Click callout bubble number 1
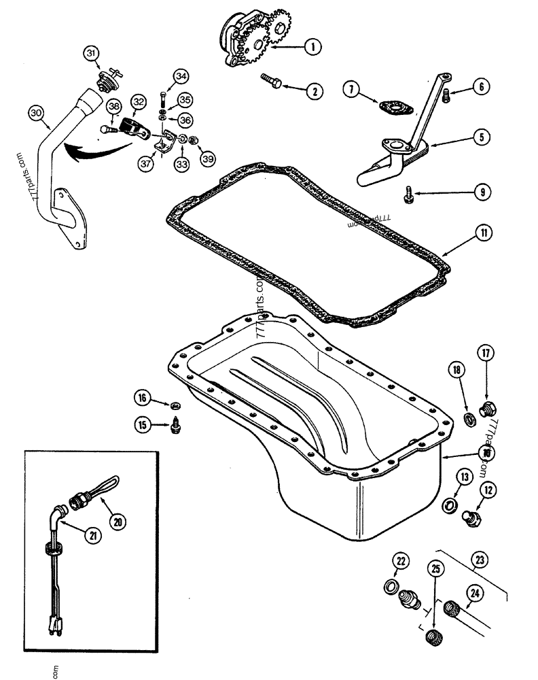pyautogui.click(x=312, y=46)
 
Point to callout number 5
pyautogui.click(x=480, y=137)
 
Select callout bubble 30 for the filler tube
pyautogui.click(x=37, y=113)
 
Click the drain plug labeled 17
pyautogui.click(x=487, y=409)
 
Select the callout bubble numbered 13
pyautogui.click(x=463, y=477)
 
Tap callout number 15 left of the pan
pyautogui.click(x=141, y=426)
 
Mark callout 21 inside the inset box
pyautogui.click(x=90, y=535)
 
